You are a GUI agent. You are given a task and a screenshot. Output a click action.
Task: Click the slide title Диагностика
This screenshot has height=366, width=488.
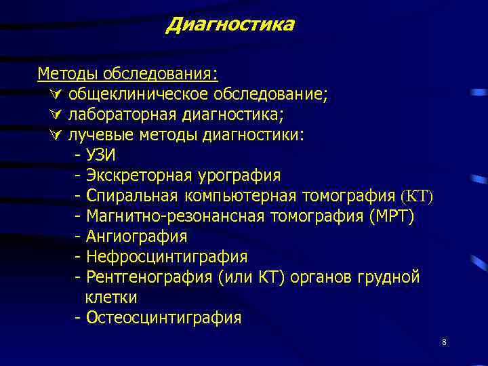tap(230, 25)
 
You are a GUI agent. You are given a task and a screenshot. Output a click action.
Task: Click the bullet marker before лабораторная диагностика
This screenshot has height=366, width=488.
tap(56, 114)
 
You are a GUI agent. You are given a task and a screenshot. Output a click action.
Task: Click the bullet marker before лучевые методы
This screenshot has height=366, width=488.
tap(56, 134)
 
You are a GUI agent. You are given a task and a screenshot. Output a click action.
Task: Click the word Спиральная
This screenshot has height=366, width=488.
tap(131, 196)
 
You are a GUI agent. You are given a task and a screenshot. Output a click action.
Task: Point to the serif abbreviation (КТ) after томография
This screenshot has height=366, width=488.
tap(416, 196)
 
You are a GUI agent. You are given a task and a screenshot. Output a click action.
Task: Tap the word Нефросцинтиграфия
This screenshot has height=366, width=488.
tap(167, 257)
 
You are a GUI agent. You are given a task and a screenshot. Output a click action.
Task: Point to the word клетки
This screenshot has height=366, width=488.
tap(111, 298)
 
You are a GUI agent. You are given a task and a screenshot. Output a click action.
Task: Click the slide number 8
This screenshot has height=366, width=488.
tap(444, 343)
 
